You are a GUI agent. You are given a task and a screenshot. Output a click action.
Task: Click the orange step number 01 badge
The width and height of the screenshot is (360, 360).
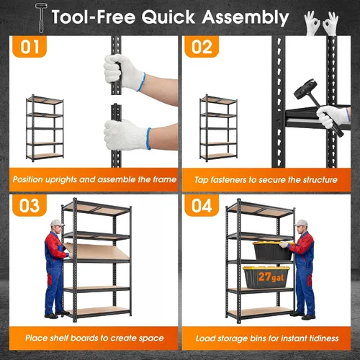pos(30,47)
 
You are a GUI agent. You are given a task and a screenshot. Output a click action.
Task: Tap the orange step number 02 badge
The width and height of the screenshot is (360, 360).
pos(202,47)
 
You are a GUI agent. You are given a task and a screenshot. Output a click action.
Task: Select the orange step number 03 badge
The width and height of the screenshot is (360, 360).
pos(30,205)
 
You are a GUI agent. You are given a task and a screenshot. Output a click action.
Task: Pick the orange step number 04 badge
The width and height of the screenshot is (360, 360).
pos(202,205)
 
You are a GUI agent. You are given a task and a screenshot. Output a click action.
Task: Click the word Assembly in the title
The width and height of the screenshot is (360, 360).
pos(246,17)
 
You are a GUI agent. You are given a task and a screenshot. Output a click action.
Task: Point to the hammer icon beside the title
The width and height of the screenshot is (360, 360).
pos(41,17)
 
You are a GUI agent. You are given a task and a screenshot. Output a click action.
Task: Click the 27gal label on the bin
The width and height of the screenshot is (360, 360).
pos(271,277)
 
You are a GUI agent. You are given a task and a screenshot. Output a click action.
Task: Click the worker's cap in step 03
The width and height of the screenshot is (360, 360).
pos(58,223)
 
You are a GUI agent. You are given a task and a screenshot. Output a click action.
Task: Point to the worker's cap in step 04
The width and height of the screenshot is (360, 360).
pos(301,223)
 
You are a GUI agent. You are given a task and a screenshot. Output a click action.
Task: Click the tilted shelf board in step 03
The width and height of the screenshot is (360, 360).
pos(96,251)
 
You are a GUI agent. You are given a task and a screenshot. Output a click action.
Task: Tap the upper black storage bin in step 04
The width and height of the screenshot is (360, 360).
pos(273,251)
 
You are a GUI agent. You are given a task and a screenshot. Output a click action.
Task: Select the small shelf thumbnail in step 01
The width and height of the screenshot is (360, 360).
pos(45,128)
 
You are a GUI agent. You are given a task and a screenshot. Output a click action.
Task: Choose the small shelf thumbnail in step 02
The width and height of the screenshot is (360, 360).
pos(218,128)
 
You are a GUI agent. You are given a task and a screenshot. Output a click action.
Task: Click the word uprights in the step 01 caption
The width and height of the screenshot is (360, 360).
pos(61,180)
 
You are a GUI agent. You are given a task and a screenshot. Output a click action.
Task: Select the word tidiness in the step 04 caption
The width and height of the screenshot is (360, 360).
pos(324,338)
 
